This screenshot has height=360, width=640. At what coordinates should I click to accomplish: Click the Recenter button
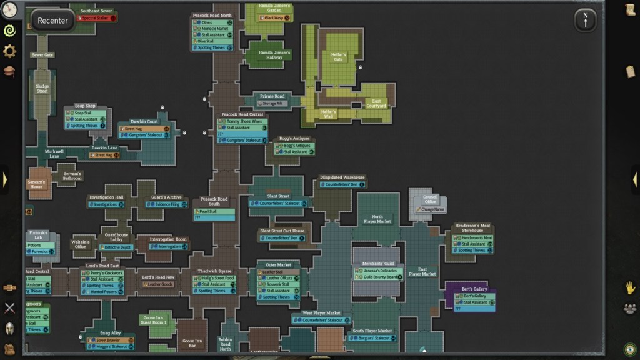[52, 21]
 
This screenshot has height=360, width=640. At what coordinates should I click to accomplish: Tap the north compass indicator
[585, 20]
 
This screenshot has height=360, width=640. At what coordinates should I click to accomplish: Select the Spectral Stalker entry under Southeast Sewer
[97, 18]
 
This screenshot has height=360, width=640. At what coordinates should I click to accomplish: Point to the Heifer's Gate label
[338, 57]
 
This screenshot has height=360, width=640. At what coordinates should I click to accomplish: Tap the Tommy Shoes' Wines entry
[241, 121]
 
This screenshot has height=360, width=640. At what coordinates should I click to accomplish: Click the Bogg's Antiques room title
[294, 138]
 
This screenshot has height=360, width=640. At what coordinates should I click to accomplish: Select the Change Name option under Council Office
[431, 209]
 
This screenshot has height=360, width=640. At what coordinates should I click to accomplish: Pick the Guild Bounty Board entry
[379, 277]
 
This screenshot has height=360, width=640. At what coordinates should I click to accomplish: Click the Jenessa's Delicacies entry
[379, 271]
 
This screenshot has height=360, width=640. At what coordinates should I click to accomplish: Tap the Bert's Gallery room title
[474, 289]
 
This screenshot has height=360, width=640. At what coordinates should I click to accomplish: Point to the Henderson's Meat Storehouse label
[472, 227]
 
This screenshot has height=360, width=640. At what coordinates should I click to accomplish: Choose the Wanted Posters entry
[104, 292]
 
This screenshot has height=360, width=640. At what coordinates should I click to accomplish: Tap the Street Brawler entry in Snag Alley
[109, 341]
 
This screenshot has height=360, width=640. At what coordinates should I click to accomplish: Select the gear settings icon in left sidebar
[9, 51]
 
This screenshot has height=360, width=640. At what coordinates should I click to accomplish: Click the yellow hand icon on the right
[630, 287]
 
